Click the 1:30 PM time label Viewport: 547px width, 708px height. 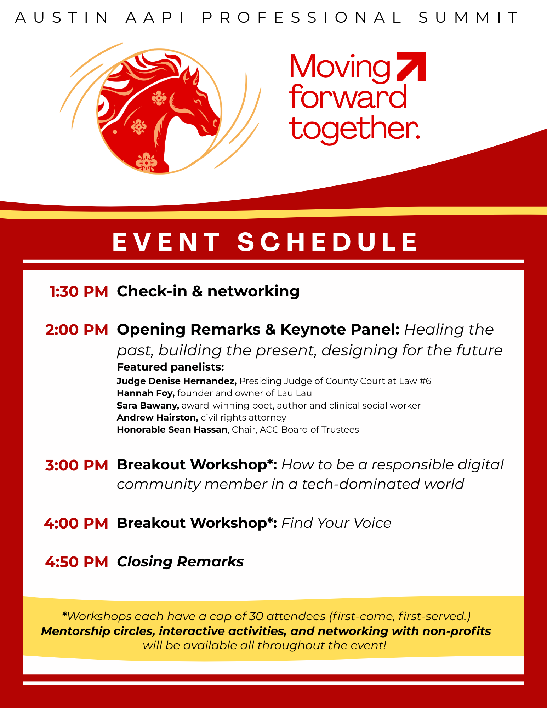[x=79, y=291]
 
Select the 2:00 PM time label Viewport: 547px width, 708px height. [x=77, y=330]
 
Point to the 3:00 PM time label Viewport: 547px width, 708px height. [x=77, y=465]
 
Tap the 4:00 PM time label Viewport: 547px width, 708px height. [x=76, y=523]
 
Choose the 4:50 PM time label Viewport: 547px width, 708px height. [x=77, y=562]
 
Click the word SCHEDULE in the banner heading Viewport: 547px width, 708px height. [x=327, y=242]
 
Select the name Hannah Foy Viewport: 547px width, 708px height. [x=146, y=393]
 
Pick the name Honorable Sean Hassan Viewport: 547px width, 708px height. [x=172, y=429]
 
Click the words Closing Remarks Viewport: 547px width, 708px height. [x=180, y=562]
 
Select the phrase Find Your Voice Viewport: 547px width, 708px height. [x=336, y=523]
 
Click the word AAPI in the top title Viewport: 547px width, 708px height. [x=155, y=17]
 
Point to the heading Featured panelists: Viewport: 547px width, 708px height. [x=170, y=367]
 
